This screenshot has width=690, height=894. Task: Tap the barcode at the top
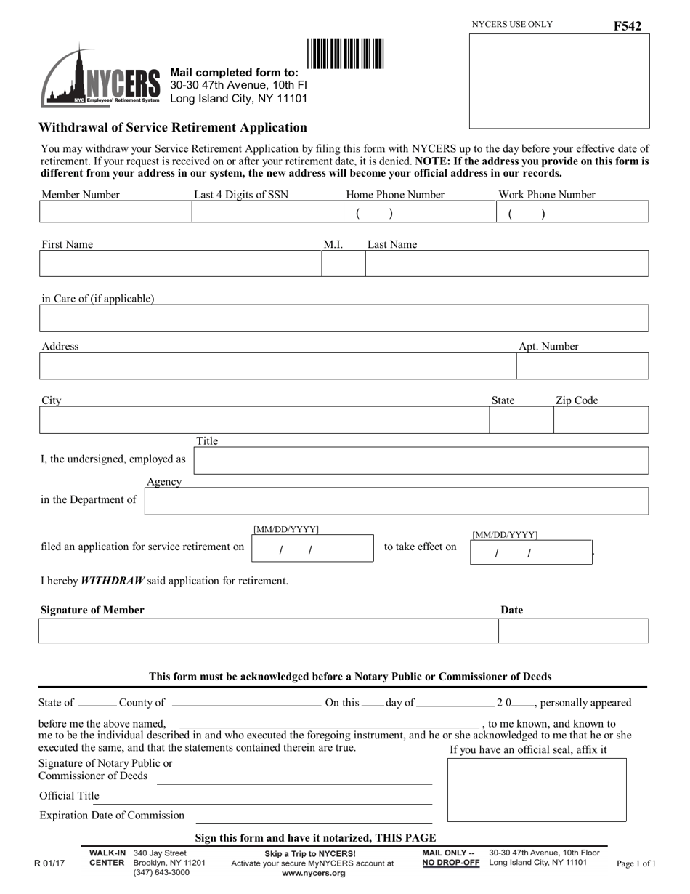(346, 54)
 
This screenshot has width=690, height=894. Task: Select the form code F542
(627, 26)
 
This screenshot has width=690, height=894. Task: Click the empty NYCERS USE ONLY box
(558, 81)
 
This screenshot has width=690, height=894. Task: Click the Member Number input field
(115, 212)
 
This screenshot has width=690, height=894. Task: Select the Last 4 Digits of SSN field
(267, 212)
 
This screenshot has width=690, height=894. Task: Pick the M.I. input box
(343, 264)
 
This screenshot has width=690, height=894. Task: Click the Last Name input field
(506, 264)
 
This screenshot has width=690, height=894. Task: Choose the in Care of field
(343, 318)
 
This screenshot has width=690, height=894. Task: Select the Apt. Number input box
(582, 366)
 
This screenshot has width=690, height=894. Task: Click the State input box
(521, 420)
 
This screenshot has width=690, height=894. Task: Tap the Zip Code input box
(601, 420)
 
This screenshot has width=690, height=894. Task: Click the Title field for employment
(421, 461)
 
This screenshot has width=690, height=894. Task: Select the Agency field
(396, 502)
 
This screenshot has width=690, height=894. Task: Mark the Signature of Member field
(267, 631)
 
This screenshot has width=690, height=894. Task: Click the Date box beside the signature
(573, 631)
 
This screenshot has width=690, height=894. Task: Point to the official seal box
(536, 790)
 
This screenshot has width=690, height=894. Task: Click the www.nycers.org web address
(313, 873)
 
